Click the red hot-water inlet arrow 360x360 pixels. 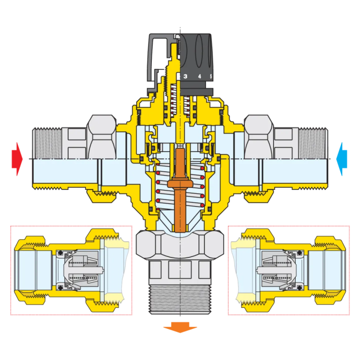pyautogui.click(x=17, y=159)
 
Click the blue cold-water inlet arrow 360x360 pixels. pyautogui.click(x=342, y=159)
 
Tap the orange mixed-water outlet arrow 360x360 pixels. pyautogui.click(x=180, y=327)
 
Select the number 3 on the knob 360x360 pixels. pyautogui.click(x=186, y=76)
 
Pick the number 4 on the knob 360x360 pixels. pyautogui.click(x=199, y=76)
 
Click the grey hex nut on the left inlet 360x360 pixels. pyautogui.click(x=102, y=137)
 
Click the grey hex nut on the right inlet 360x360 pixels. pyautogui.click(x=259, y=137)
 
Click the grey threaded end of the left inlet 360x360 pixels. pyautogui.click(x=47, y=143)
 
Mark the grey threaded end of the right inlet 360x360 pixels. pyautogui.click(x=313, y=143)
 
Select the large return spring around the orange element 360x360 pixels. pyautogui.click(x=180, y=186)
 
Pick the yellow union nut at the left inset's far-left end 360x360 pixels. pyautogui.click(x=29, y=270)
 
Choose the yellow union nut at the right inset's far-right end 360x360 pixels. pyautogui.click(x=331, y=270)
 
